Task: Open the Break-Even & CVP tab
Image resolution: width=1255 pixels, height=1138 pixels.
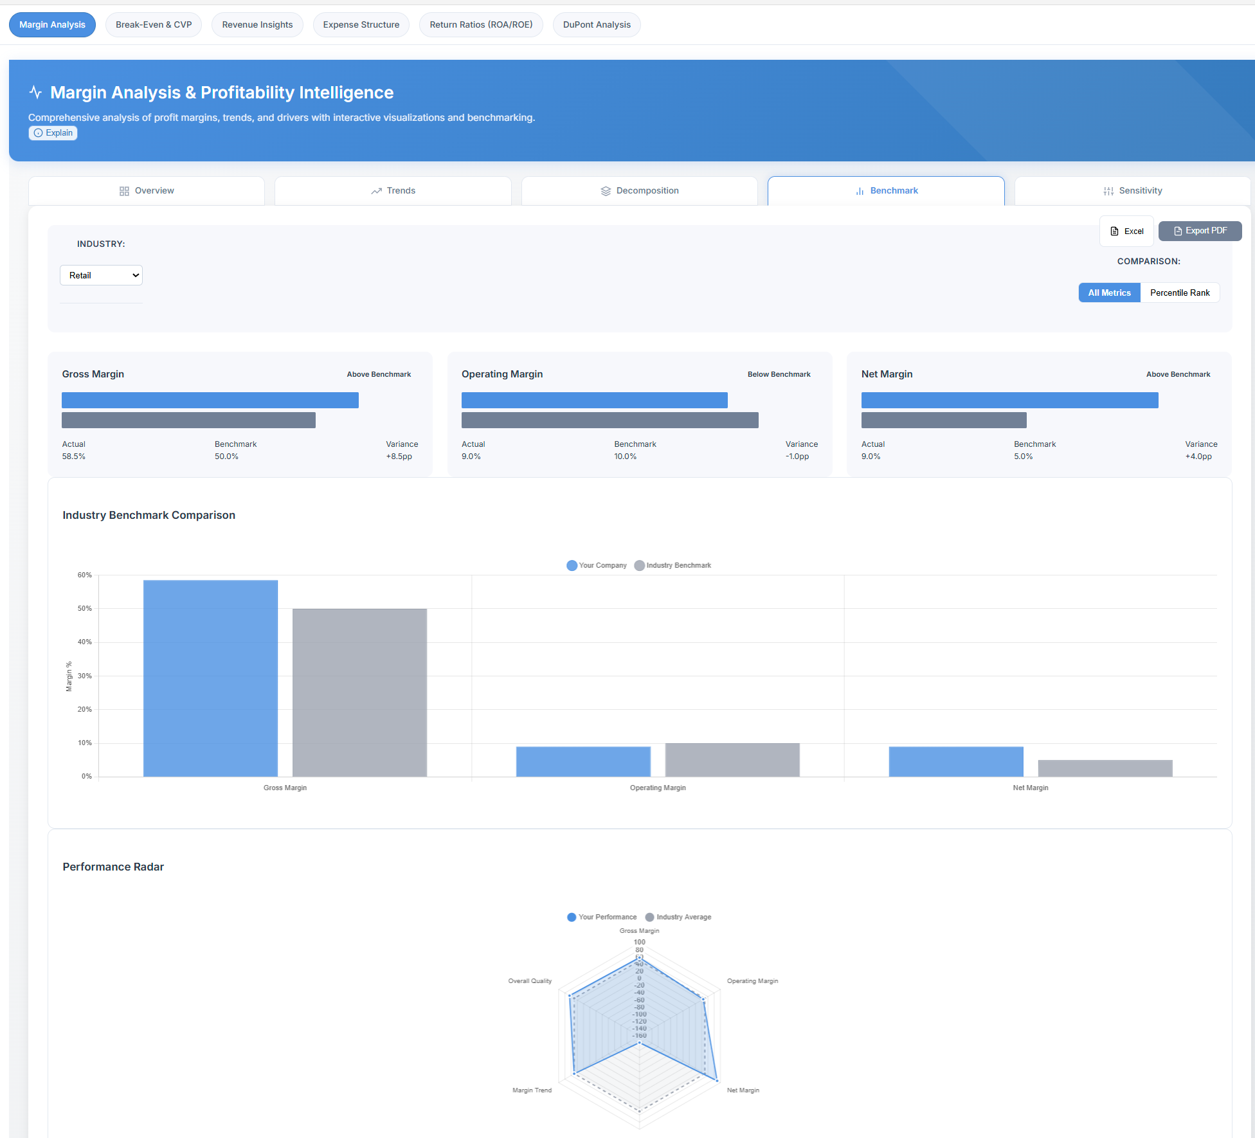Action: tap(154, 25)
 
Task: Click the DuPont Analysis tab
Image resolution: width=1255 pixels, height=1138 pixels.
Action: tap(597, 25)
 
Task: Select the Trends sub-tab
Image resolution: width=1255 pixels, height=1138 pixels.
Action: tap(393, 191)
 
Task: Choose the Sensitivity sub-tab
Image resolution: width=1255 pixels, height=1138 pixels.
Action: tap(1132, 191)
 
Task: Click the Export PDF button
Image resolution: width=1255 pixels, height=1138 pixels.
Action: tap(1200, 231)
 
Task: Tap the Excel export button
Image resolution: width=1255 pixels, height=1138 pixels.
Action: tap(1126, 231)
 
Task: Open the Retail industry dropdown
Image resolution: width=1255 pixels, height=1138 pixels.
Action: tap(101, 275)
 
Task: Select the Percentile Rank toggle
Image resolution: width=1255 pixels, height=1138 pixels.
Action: tap(1179, 293)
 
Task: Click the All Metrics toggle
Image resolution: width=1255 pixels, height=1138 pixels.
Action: tap(1109, 293)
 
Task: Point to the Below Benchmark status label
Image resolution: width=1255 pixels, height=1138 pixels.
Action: tap(779, 374)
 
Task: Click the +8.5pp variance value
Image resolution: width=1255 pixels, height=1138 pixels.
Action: tap(399, 456)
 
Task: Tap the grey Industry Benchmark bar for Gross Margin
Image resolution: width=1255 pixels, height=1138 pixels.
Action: tap(359, 692)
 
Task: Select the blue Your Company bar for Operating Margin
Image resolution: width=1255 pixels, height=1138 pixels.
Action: tap(583, 761)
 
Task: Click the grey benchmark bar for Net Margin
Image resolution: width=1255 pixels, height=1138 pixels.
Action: tap(1105, 768)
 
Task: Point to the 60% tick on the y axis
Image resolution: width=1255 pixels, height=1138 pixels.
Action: tap(85, 575)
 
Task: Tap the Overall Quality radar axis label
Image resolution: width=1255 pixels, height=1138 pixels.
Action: tap(530, 981)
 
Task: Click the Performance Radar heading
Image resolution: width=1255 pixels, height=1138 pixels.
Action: tap(113, 867)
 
